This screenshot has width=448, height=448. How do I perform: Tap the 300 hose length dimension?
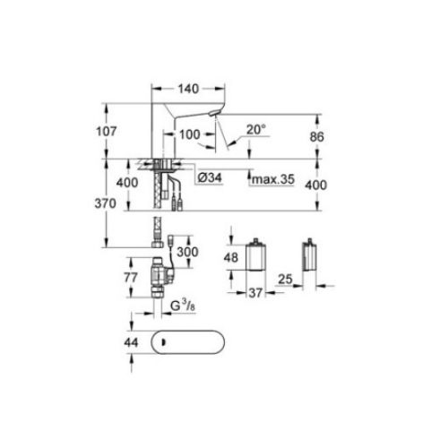[186, 254]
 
